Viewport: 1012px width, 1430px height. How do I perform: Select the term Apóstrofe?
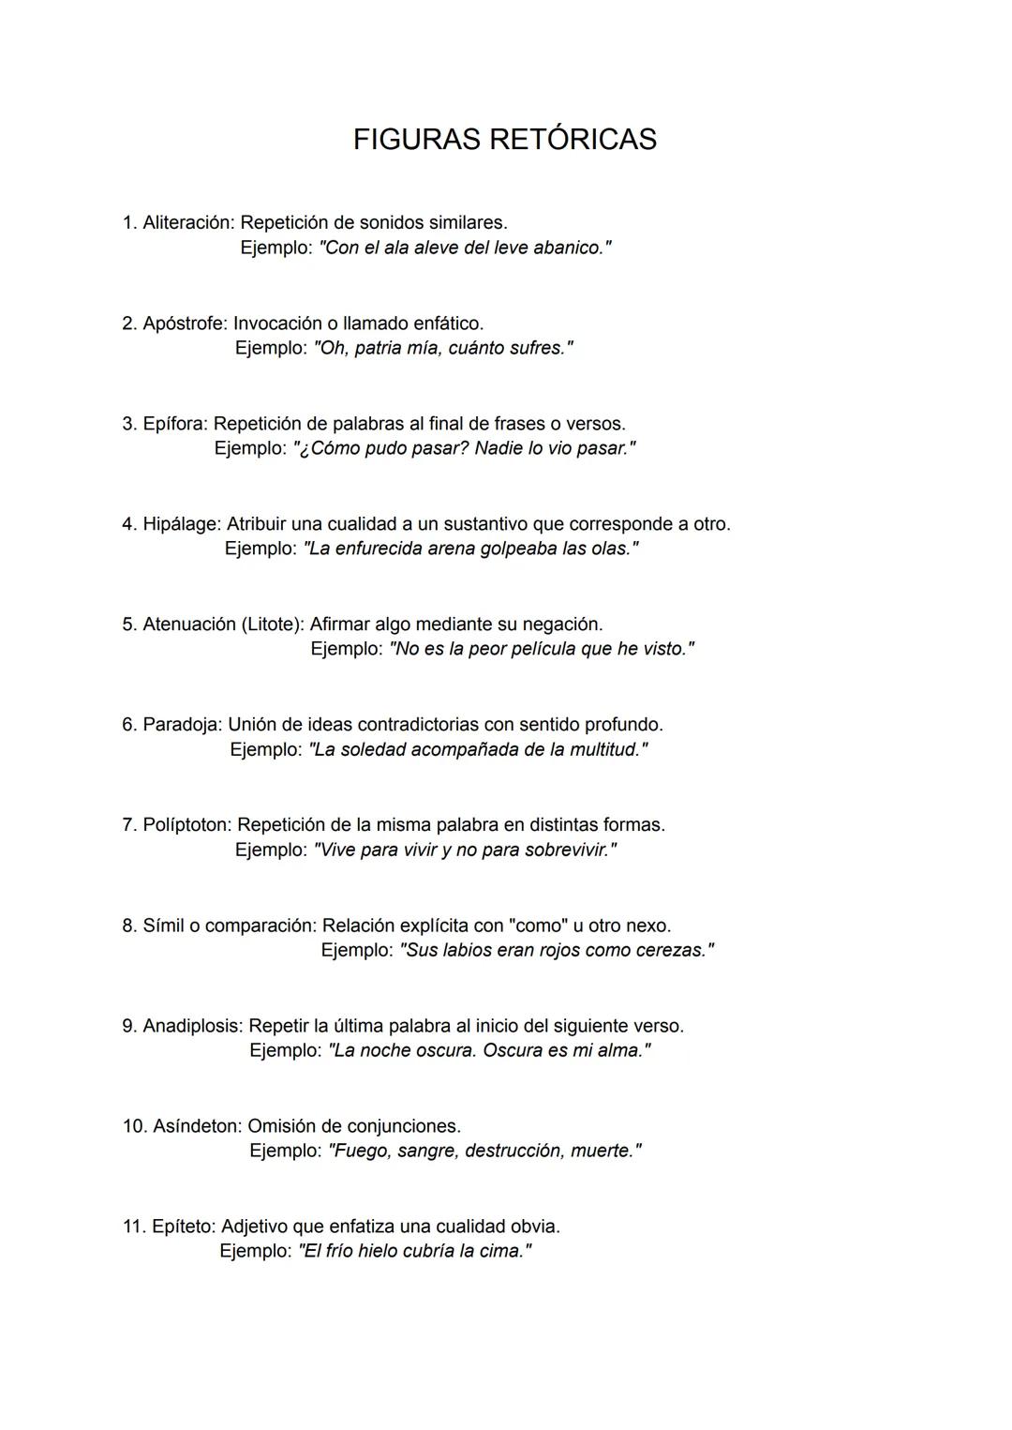tap(185, 324)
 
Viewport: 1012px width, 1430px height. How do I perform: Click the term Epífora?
tap(175, 424)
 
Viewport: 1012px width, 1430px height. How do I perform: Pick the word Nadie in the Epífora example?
tap(498, 449)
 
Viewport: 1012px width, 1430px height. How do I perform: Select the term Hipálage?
tap(182, 524)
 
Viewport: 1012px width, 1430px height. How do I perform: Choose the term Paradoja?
tap(183, 725)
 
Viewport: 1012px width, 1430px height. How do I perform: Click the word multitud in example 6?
tap(603, 750)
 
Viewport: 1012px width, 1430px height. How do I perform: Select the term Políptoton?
tap(187, 825)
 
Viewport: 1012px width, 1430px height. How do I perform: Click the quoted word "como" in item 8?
tap(537, 926)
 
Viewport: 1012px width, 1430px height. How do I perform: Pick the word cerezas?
tap(670, 951)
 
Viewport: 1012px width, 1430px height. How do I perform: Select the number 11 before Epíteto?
tap(133, 1227)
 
